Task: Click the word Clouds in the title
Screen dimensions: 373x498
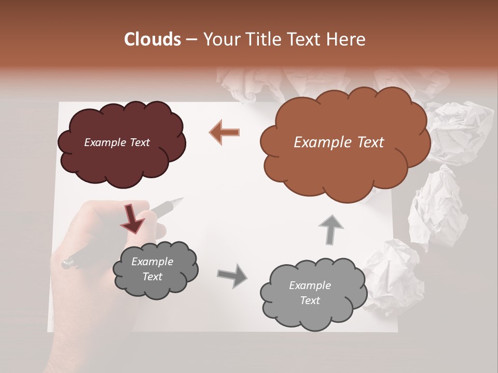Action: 152,39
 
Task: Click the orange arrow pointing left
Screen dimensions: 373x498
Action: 224,132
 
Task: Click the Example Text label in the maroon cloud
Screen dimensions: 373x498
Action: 117,142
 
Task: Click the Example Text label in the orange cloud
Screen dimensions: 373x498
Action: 339,142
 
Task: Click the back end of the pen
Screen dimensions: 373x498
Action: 66,264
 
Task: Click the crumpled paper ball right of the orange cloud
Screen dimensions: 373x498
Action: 459,132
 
